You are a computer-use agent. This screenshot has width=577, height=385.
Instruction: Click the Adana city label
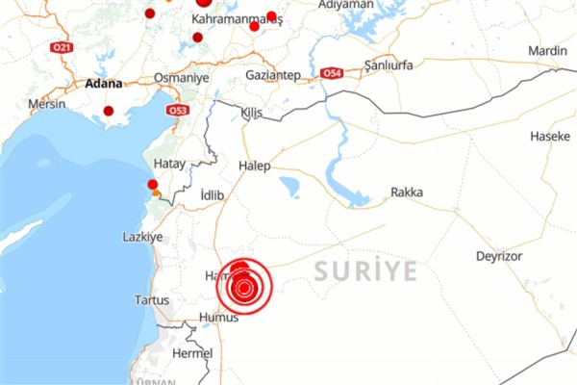click(104, 83)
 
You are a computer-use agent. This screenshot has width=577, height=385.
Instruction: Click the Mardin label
click(548, 50)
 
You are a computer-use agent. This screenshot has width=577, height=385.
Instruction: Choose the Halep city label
click(254, 166)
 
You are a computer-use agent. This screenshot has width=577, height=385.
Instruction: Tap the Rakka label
click(407, 192)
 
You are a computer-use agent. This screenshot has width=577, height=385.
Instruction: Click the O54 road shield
click(331, 73)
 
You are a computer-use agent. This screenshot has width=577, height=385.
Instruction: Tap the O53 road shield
click(177, 111)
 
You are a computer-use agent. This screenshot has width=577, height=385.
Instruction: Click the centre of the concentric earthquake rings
click(244, 286)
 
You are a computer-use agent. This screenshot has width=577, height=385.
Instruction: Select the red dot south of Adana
click(109, 111)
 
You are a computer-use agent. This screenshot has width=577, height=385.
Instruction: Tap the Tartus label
click(152, 300)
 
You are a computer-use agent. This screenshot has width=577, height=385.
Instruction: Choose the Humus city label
click(217, 317)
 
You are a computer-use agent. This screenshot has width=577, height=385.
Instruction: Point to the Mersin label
click(46, 104)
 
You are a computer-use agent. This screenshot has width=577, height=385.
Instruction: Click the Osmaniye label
click(180, 78)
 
